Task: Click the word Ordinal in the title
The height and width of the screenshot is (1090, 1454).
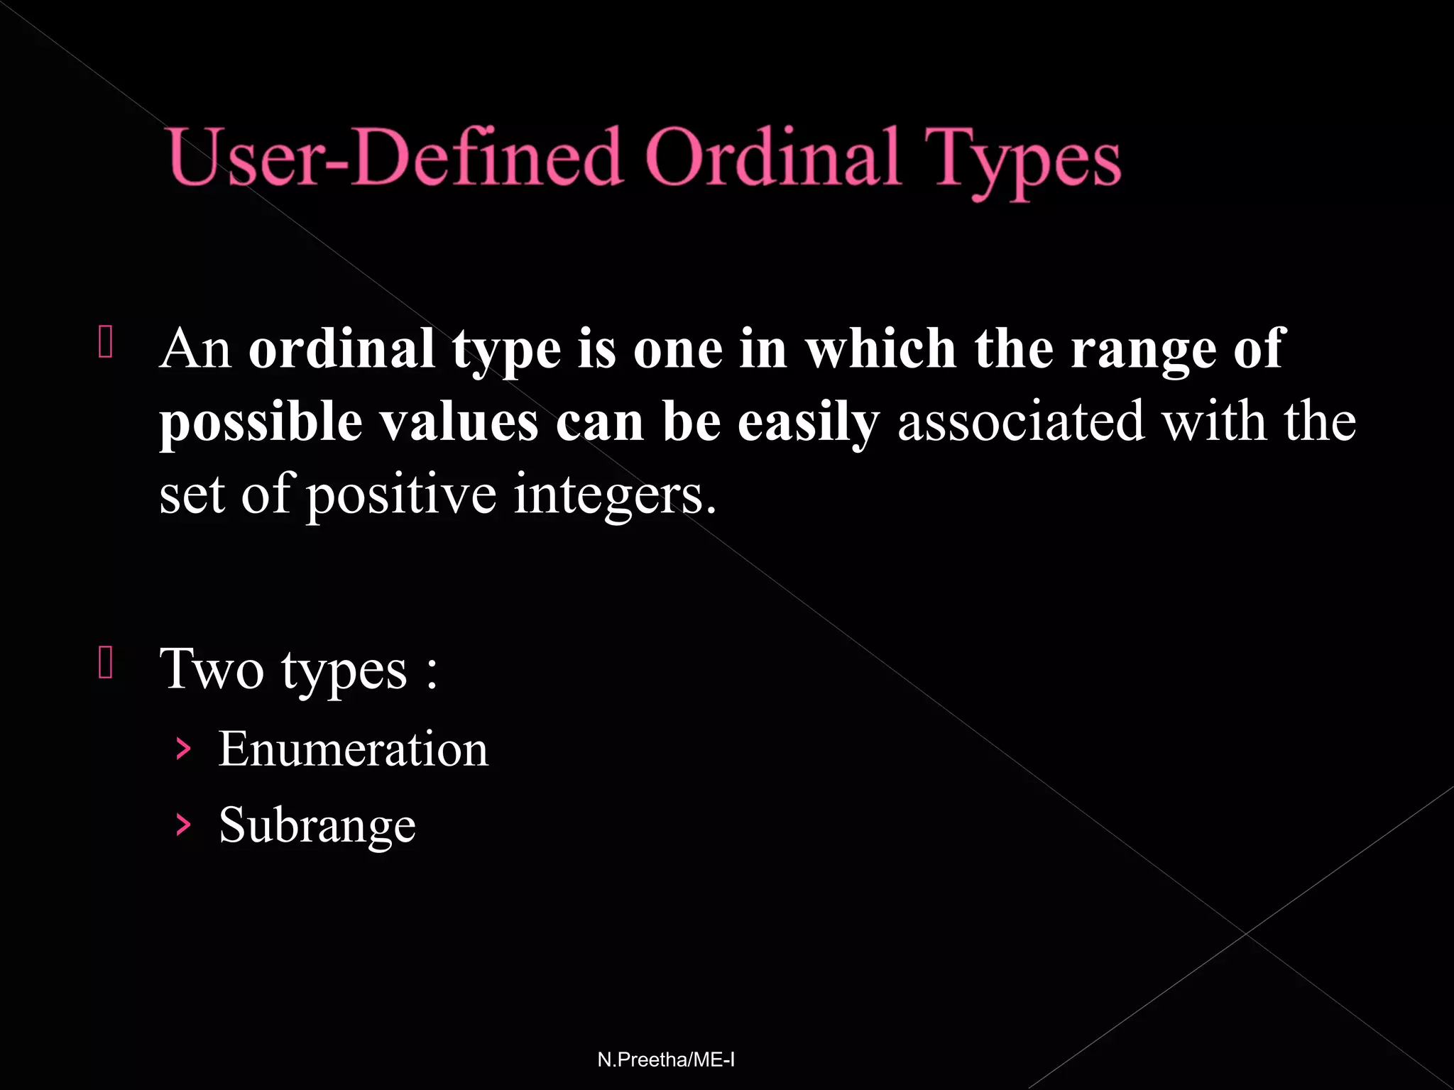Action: click(772, 158)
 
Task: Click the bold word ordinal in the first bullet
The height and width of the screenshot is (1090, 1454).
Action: click(341, 349)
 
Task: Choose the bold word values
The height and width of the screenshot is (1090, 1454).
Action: click(458, 422)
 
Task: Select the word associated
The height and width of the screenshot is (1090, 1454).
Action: click(1021, 422)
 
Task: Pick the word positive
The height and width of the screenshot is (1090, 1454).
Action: click(401, 495)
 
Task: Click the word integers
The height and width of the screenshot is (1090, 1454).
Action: click(615, 495)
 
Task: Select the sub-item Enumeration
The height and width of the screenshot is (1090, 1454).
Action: click(353, 749)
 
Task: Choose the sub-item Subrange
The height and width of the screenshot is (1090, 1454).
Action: click(317, 825)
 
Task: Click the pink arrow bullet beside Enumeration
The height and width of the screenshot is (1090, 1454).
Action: click(183, 749)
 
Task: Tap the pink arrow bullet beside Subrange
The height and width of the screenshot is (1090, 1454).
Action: click(183, 825)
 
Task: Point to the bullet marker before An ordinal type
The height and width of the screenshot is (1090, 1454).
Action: click(106, 341)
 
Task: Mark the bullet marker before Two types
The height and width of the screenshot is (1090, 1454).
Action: click(106, 663)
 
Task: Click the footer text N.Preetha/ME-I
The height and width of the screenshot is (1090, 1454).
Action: click(666, 1059)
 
